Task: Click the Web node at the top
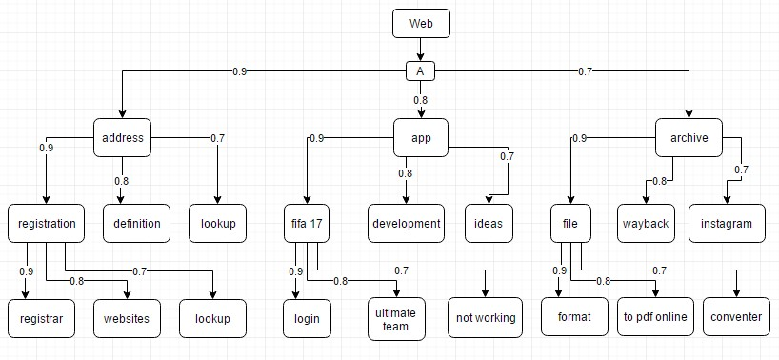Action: point(420,24)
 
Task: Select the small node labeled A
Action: point(420,71)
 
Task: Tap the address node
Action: point(122,138)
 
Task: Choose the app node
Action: point(420,138)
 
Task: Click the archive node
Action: point(689,138)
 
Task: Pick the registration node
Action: point(47,224)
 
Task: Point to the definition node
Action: point(136,224)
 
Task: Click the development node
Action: point(407,224)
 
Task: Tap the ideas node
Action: point(489,224)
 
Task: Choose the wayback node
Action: point(645,224)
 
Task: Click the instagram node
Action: point(727,224)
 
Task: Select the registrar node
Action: point(39,318)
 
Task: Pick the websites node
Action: point(127,318)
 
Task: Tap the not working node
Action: point(485,318)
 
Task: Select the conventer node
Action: point(737,318)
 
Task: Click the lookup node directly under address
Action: point(217,224)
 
